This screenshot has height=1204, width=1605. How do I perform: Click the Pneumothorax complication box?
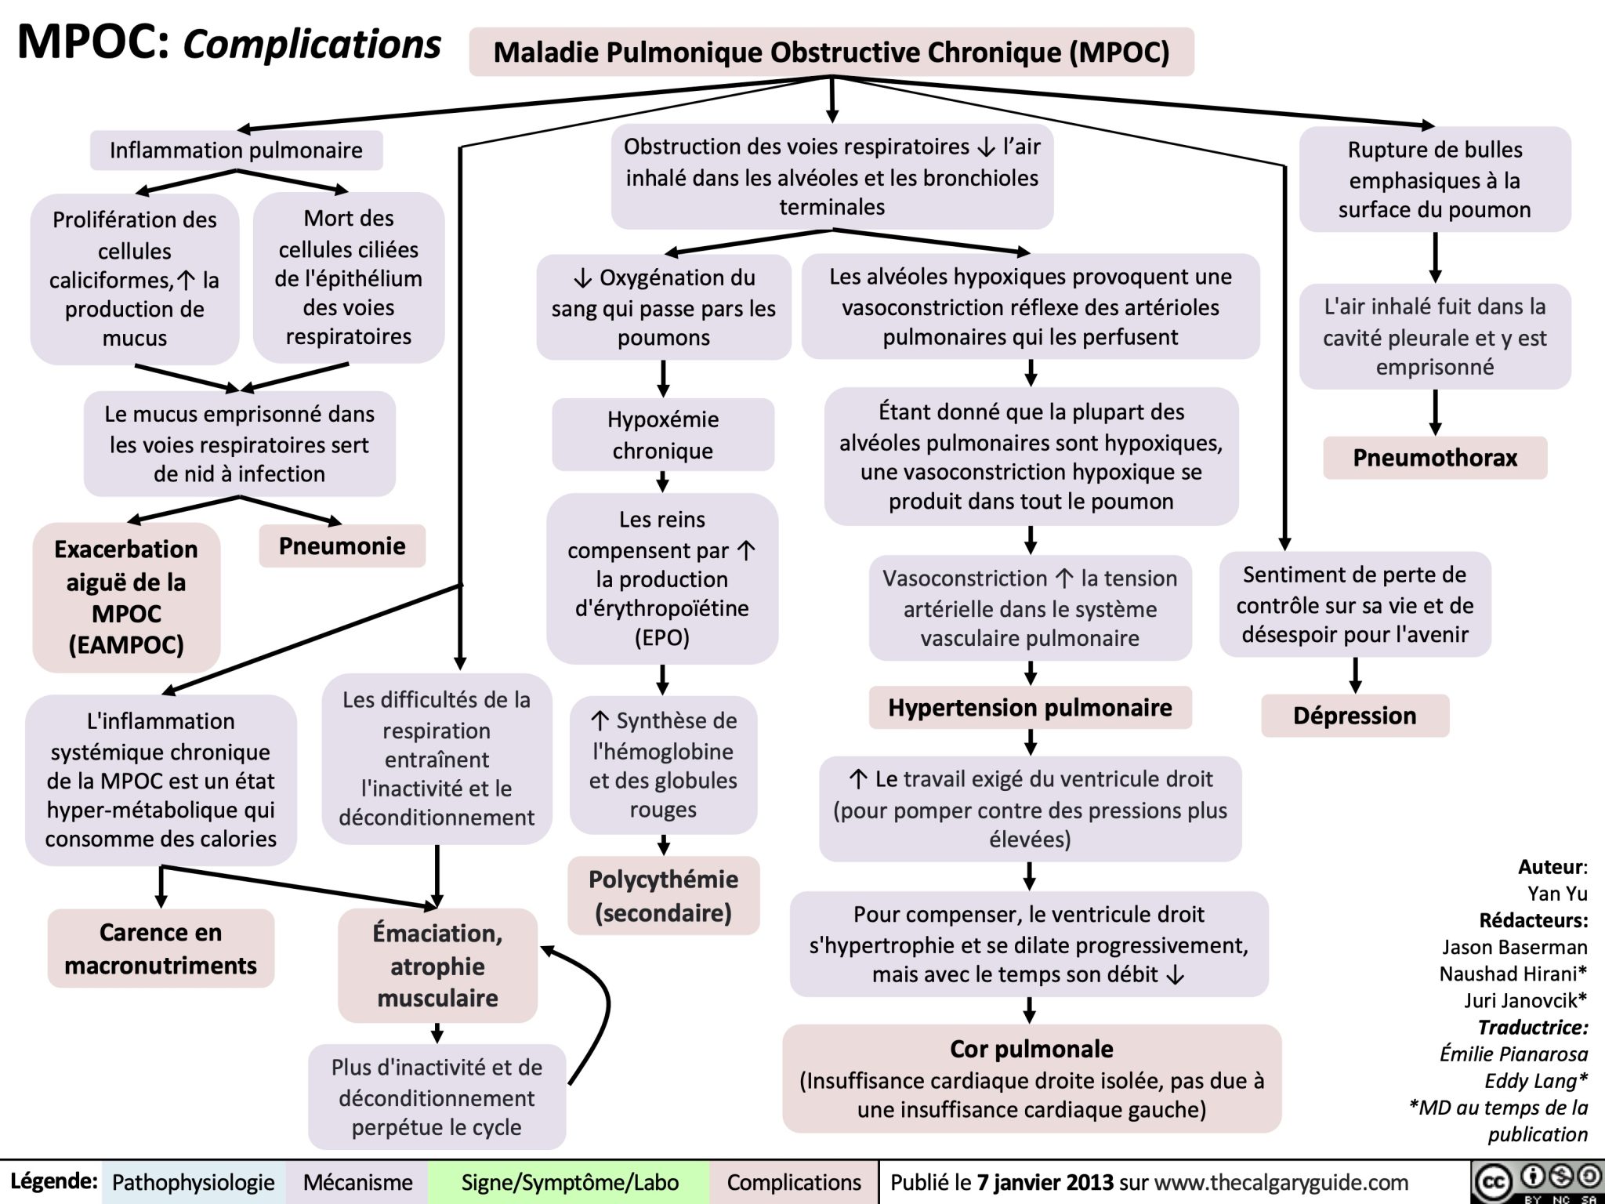1434,458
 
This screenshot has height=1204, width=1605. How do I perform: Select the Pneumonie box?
342,546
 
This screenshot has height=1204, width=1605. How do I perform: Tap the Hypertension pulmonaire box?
1030,708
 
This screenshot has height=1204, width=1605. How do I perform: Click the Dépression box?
1354,716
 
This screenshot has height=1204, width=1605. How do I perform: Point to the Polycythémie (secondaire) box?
663,896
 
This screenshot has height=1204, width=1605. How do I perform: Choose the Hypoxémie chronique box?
663,435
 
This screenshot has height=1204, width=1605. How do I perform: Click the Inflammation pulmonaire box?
236,150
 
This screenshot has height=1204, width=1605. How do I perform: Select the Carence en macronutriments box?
161,948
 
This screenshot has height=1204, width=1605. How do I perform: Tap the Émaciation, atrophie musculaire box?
437,966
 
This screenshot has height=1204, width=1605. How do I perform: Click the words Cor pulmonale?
1031,1049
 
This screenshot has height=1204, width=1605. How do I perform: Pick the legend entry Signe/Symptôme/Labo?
570,1182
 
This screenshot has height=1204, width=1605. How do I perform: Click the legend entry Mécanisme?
357,1182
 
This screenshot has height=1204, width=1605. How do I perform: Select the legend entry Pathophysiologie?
193,1182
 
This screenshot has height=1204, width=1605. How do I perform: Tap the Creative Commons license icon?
1536,1180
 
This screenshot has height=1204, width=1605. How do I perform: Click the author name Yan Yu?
1556,894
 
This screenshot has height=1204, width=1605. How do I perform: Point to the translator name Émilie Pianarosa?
1513,1054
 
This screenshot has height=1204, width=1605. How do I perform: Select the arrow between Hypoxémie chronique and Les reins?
663,481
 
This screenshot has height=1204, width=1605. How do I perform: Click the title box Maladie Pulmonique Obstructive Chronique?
831,53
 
